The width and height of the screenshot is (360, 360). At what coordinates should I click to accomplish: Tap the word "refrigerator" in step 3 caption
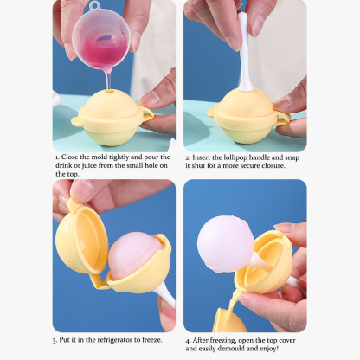pyautogui.click(x=113, y=341)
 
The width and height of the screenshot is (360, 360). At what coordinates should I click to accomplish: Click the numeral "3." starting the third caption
pyautogui.click(x=56, y=341)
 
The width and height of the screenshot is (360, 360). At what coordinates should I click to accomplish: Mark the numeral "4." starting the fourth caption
pyautogui.click(x=188, y=341)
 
